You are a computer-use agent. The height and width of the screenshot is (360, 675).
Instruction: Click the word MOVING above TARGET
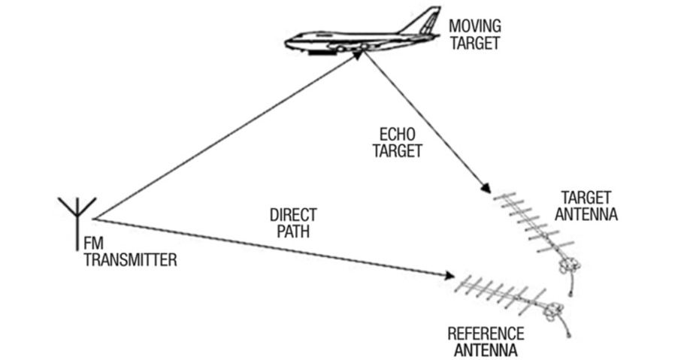click(x=474, y=26)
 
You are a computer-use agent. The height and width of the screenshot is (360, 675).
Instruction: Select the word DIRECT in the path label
click(x=292, y=215)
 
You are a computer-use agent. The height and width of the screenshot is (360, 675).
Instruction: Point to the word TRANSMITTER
click(x=129, y=261)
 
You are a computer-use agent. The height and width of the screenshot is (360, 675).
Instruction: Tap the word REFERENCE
click(x=486, y=334)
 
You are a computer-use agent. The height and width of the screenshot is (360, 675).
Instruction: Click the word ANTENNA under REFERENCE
click(x=486, y=349)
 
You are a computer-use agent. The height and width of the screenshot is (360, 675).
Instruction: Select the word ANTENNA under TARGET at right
click(x=589, y=215)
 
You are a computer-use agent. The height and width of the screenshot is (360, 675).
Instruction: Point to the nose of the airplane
click(x=290, y=37)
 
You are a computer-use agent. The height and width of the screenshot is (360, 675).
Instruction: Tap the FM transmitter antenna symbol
click(x=77, y=214)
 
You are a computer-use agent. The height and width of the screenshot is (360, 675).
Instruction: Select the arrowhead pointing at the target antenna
click(x=486, y=189)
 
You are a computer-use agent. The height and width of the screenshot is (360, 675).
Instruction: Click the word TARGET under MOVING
click(x=474, y=43)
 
